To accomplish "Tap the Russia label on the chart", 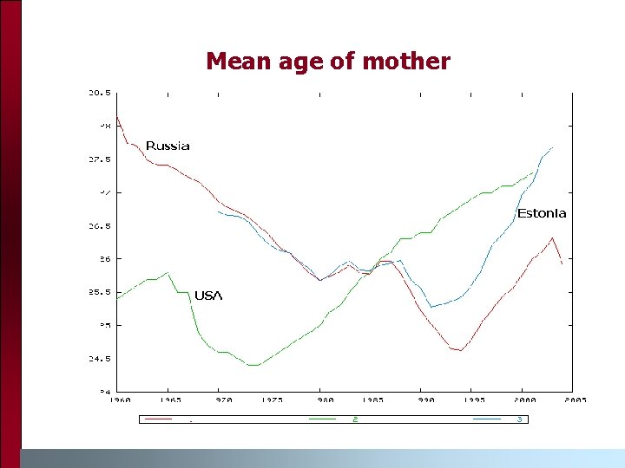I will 168,146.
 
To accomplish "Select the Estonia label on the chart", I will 542,213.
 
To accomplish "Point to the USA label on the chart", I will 208,296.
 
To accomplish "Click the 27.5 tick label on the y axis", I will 99,159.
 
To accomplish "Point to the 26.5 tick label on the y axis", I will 99,225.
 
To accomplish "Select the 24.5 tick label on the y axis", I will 99,358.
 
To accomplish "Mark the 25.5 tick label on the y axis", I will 99,292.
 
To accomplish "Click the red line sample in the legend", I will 158,419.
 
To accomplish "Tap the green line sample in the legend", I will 322,419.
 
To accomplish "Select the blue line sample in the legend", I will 487,419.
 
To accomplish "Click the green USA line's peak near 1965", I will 168,272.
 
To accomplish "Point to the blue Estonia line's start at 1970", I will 218,211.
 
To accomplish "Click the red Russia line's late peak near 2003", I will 552,237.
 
